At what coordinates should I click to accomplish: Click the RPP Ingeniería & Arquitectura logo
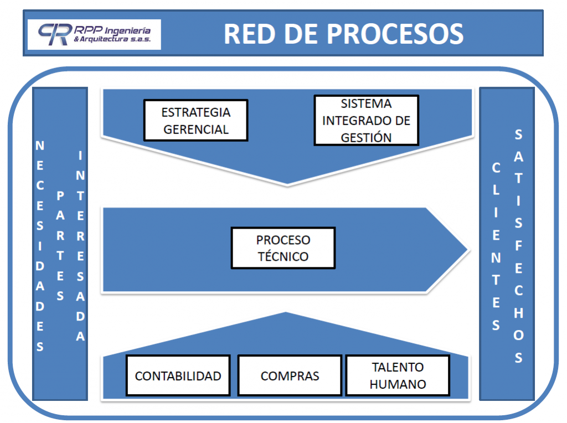pos(94,35)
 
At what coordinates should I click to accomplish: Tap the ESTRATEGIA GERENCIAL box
pos(195,120)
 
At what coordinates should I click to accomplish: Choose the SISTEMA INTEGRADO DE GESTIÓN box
pos(366,120)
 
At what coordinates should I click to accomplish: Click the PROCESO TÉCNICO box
pos(283,248)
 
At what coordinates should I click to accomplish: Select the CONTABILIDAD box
pos(178,375)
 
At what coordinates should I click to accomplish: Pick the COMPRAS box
pos(290,375)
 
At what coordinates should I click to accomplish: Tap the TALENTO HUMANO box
pos(397,375)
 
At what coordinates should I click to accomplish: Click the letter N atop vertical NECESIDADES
pos(40,146)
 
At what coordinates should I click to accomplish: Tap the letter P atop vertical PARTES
pos(60,195)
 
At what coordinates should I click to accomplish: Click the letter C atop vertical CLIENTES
pos(496,167)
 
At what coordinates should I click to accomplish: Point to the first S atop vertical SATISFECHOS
pos(518,134)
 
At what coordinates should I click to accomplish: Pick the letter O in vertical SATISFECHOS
pos(518,336)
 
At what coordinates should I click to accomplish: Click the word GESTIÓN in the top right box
pos(366,138)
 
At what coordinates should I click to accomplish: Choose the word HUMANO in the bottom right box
pos(397,384)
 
